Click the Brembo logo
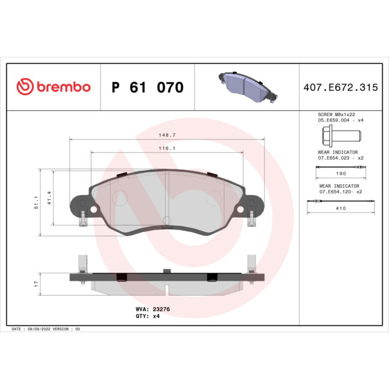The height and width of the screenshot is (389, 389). pos(53,87)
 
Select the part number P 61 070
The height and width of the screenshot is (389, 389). pos(148,87)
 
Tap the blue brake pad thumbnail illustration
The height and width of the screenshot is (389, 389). pos(245,86)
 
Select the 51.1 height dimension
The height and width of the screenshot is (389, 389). pos(37,202)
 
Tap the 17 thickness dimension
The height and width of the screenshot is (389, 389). pos(37,282)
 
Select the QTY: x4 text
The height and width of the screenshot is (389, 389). pos(148,315)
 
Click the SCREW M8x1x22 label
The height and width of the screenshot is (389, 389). pos(339,114)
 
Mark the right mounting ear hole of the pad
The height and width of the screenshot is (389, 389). pos(241,209)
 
